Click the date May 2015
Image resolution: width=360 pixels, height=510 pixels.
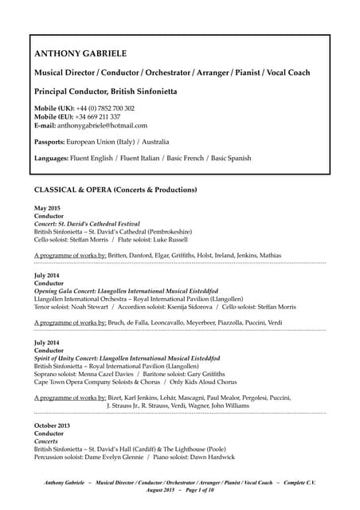point(48,208)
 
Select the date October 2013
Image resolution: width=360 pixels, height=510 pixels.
point(53,426)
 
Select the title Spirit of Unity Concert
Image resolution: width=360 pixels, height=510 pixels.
point(79,358)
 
